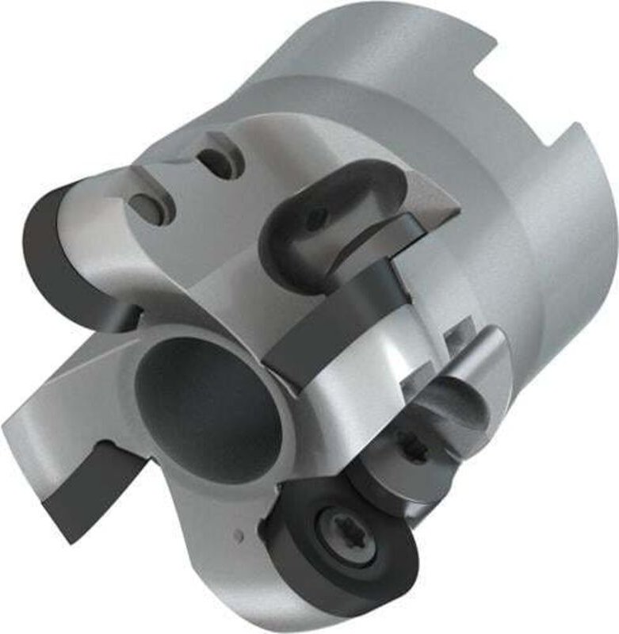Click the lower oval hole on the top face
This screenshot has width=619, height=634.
151,208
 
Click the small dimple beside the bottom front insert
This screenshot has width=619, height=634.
239,537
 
